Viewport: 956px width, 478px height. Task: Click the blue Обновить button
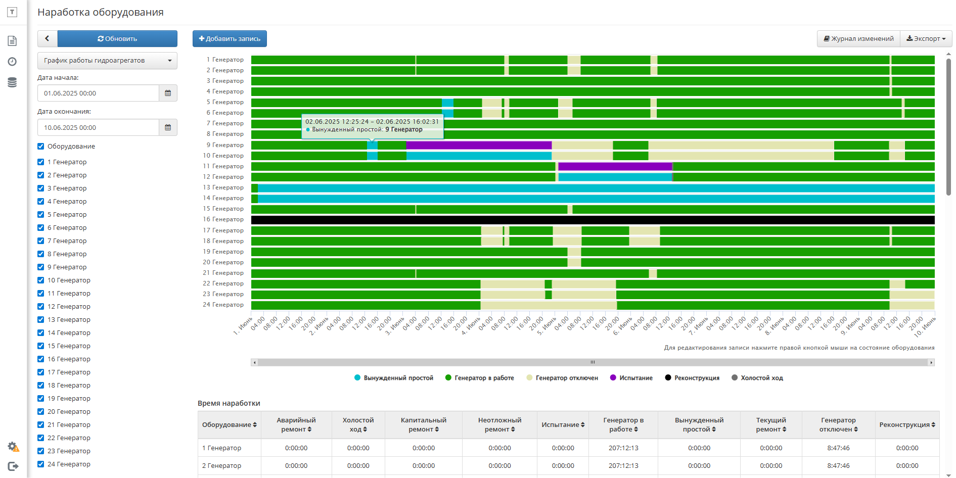coord(117,38)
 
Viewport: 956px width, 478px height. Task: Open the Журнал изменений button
coord(858,38)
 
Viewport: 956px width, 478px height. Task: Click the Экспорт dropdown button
coord(926,38)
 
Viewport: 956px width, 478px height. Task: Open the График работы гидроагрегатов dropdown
coord(107,61)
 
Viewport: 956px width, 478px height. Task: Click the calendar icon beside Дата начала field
coord(168,93)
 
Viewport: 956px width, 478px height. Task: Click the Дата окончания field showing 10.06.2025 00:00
coord(98,127)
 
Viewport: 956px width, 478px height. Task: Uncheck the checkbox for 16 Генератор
coord(41,359)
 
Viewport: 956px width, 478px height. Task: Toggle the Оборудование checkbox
coord(41,146)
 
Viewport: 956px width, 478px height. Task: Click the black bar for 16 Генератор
coord(593,220)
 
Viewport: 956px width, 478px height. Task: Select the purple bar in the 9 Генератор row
coord(479,145)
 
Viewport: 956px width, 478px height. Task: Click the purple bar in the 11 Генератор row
coord(615,166)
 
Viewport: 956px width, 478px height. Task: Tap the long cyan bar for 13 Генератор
coord(596,188)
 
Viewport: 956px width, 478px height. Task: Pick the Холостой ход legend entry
coord(757,378)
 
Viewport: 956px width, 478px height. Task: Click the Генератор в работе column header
coord(623,424)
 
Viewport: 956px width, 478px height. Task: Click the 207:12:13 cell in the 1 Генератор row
coord(623,448)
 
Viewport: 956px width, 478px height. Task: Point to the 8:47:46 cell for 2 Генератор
coord(838,466)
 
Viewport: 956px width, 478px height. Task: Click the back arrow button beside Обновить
coord(47,38)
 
